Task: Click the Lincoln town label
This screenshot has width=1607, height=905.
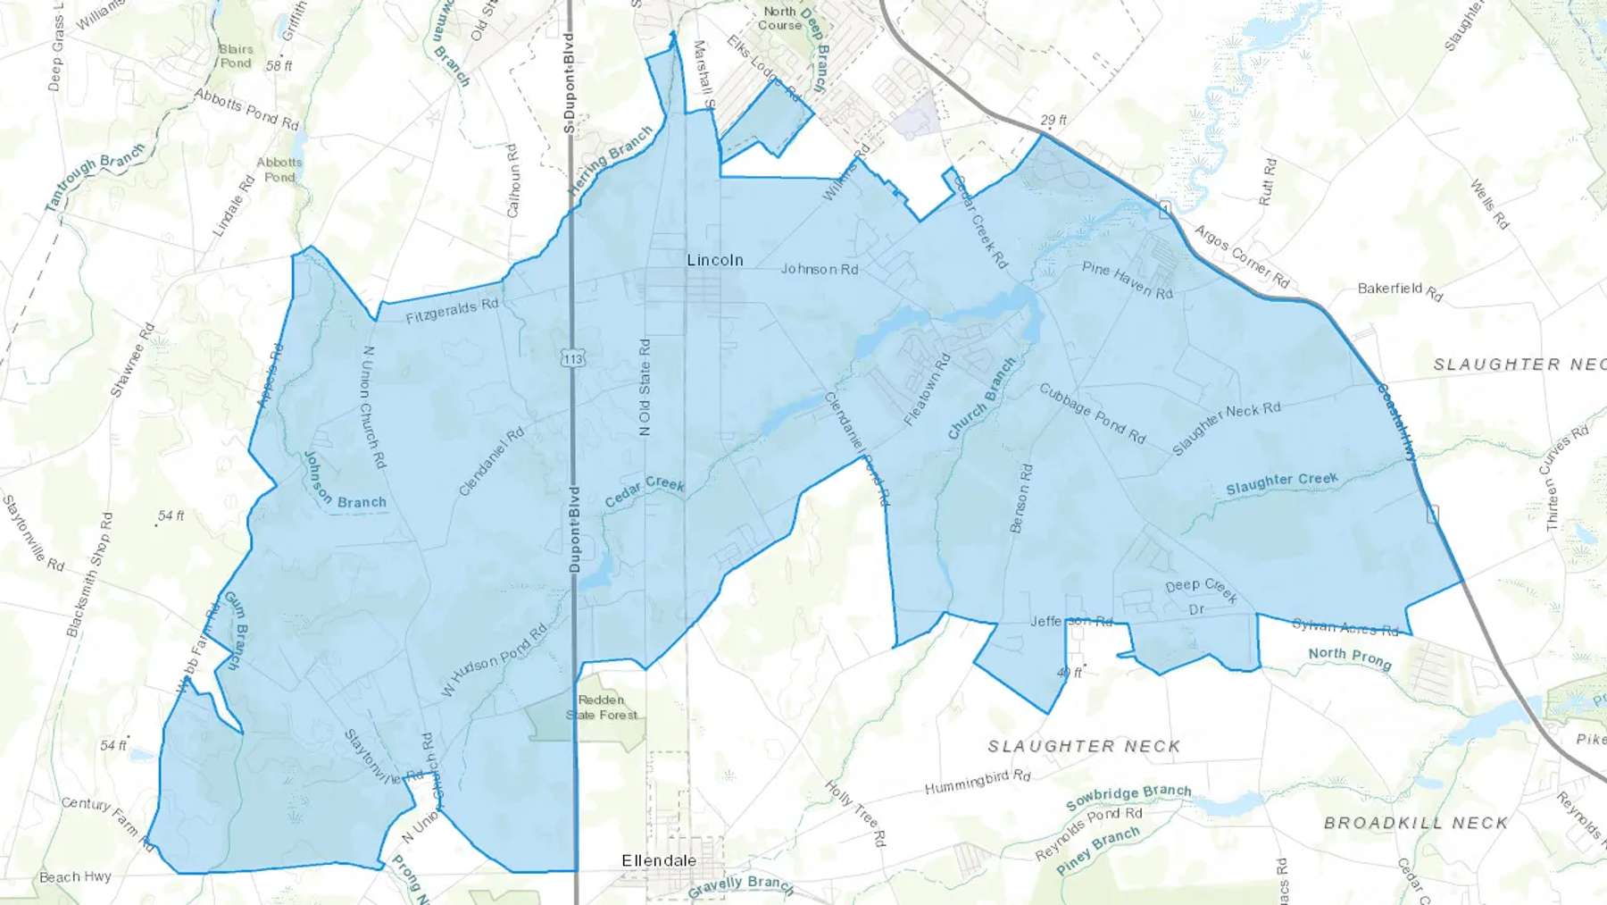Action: pos(714,260)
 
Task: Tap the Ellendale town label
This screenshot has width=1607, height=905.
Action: pos(658,860)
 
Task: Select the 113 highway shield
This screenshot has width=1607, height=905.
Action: pos(572,358)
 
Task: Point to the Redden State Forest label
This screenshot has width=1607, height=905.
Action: pos(602,708)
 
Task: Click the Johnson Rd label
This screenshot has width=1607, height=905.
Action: pos(820,269)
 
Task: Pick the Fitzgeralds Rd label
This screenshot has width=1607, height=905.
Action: pos(452,310)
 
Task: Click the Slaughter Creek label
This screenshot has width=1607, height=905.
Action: pos(1281,483)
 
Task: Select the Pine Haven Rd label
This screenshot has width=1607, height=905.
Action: pos(1127,280)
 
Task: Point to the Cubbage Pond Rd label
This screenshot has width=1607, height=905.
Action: pos(1092,413)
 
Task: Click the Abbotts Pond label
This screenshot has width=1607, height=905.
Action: pos(279,170)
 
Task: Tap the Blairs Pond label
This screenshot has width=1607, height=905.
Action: pos(236,56)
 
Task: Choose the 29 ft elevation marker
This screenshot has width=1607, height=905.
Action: pos(1053,120)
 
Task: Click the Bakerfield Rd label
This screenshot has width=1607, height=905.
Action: pos(1399,290)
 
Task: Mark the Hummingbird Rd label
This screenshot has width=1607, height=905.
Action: pos(978,782)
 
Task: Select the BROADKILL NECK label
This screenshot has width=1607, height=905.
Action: pos(1415,823)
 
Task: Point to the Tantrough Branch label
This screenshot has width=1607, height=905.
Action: pos(95,177)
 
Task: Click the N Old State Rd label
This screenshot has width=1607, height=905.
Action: pos(645,387)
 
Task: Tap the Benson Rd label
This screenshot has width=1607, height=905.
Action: pos(1020,498)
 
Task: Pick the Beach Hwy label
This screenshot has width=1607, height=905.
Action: pos(75,877)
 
